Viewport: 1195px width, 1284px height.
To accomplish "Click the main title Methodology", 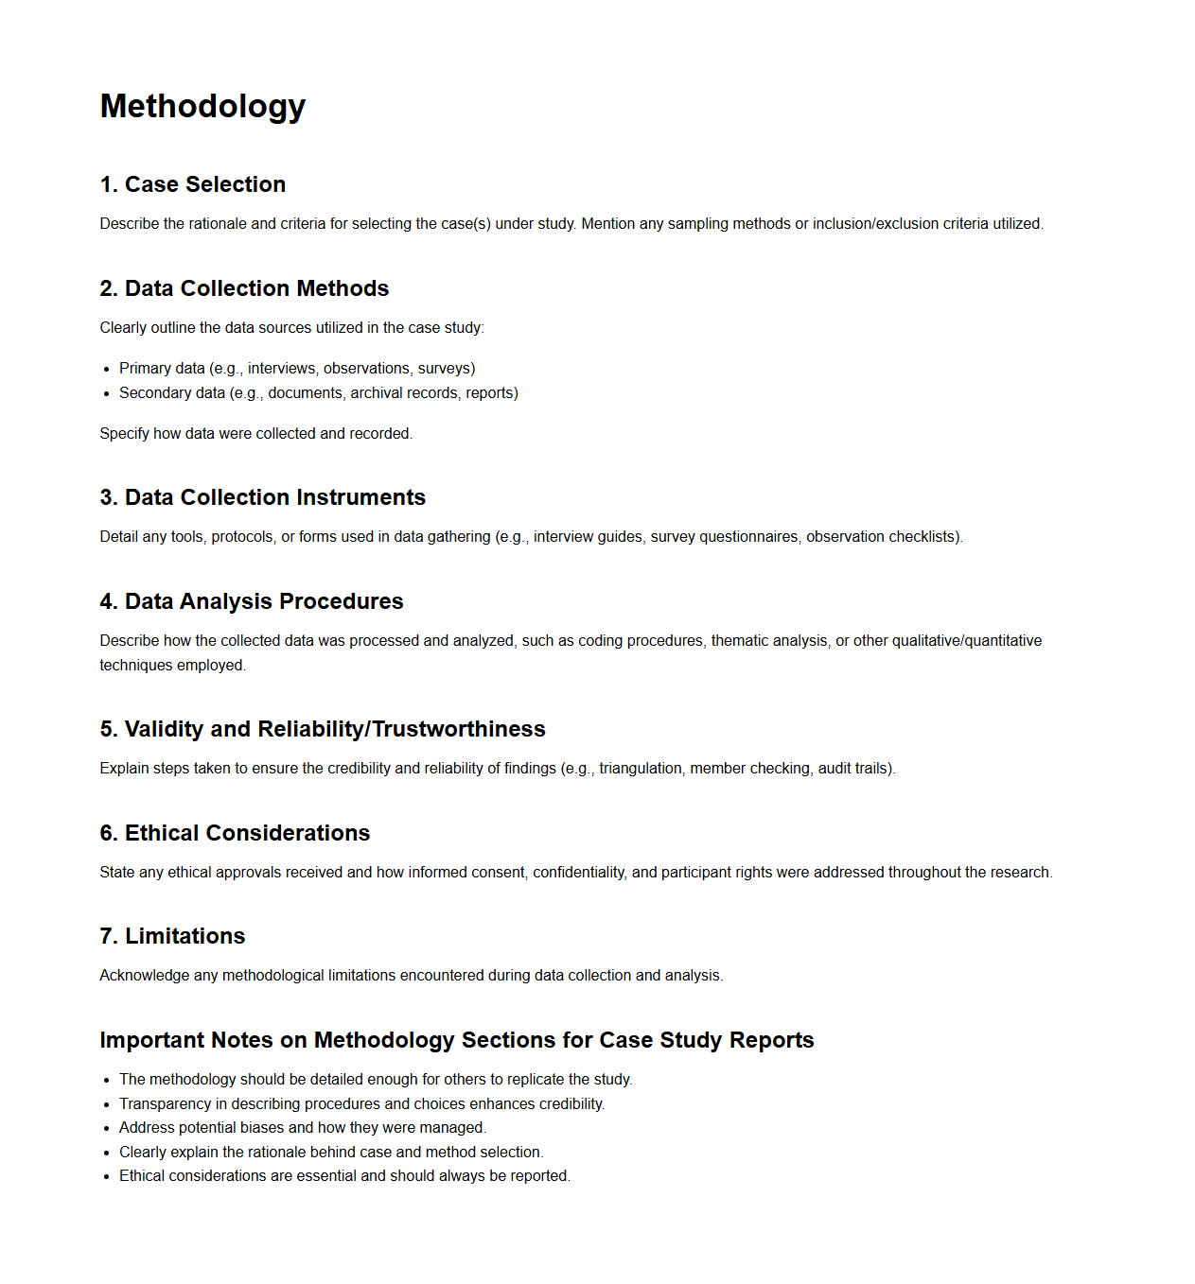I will tap(202, 106).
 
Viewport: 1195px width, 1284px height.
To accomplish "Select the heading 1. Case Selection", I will tap(193, 184).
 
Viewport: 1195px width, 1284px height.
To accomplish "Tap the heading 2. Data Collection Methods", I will tap(244, 288).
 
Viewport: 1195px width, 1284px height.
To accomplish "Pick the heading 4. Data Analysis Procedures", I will tap(252, 601).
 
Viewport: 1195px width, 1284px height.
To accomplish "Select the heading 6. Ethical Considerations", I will tap(235, 833).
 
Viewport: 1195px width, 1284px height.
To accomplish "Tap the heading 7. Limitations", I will tap(172, 936).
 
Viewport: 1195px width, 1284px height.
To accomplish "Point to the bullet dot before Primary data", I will tap(107, 369).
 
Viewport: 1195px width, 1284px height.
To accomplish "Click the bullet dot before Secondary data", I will tap(107, 393).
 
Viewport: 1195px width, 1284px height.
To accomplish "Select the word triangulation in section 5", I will tap(640, 769).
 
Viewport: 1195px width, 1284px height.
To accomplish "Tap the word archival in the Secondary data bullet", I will tap(377, 393).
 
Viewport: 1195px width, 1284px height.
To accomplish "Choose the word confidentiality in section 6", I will tap(578, 873).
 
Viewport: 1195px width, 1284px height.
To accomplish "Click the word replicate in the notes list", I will tap(536, 1080).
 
